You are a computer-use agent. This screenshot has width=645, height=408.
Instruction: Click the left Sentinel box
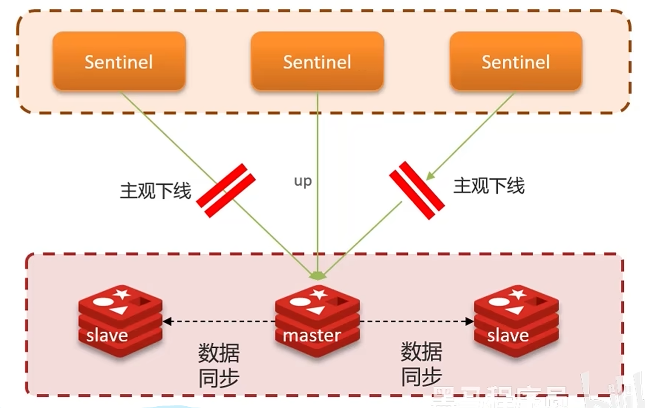pos(119,61)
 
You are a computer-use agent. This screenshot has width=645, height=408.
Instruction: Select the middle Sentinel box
pos(317,61)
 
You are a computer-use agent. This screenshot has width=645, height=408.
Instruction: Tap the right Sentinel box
pos(516,61)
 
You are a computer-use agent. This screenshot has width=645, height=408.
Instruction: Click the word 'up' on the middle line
pos(303,181)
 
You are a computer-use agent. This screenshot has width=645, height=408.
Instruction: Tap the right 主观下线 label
pos(489,186)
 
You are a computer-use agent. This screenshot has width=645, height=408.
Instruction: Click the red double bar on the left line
pos(226,190)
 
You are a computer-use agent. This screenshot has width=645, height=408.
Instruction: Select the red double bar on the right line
pos(417,190)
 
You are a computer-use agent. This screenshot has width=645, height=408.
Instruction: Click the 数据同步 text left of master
pos(219,365)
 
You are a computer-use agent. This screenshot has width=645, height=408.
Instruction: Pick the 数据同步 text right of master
pos(421,364)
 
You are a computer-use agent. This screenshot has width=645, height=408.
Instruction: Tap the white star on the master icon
pos(319,294)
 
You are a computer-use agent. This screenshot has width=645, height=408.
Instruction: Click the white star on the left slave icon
pos(122,294)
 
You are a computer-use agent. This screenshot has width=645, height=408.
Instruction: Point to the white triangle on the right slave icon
pos(515,309)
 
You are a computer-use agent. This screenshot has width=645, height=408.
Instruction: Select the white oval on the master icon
pos(300,302)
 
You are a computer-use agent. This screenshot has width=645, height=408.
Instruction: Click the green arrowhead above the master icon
pos(318,276)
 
